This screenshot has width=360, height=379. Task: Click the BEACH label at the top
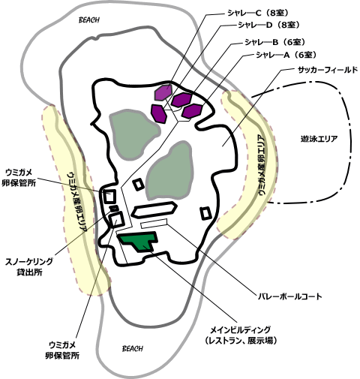click(89, 20)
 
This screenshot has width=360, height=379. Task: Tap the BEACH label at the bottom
click(133, 348)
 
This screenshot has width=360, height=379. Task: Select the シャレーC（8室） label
click(258, 13)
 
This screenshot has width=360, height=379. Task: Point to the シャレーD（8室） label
click(268, 25)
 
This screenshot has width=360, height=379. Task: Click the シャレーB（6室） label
click(274, 42)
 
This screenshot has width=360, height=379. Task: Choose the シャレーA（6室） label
click(286, 55)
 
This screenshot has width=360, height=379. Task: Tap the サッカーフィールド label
click(328, 70)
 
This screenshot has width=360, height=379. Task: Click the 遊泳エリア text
click(319, 139)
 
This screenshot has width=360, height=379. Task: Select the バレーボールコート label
click(290, 296)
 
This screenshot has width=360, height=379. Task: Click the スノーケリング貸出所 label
click(29, 267)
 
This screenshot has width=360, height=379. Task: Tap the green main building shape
click(138, 241)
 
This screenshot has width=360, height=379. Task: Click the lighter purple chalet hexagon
click(163, 92)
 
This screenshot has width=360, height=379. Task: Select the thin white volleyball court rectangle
click(154, 223)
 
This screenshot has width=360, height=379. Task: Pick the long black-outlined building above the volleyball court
click(154, 209)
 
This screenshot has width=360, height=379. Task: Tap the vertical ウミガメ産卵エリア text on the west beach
click(77, 201)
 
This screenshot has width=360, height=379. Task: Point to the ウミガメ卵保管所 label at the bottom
click(62, 350)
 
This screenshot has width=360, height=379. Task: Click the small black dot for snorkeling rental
click(115, 208)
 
